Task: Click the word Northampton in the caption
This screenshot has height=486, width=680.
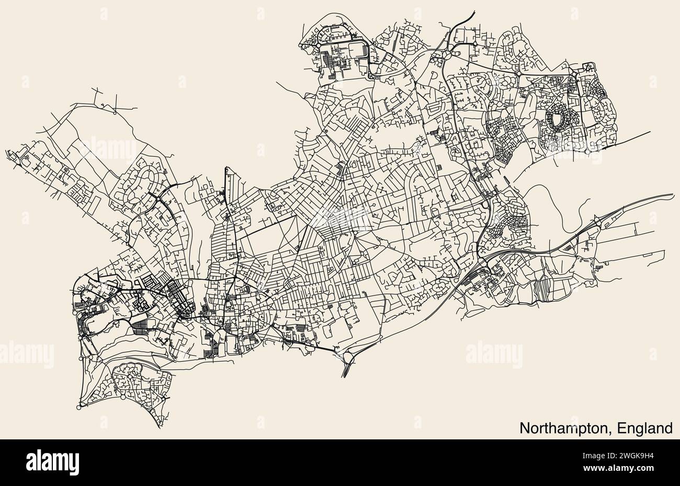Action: (565, 428)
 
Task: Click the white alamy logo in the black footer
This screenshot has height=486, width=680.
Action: (52, 462)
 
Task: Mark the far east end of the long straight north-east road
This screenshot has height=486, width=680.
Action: (650, 132)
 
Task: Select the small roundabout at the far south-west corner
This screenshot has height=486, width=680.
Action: (79, 407)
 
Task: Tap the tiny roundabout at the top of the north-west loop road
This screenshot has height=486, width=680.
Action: (115, 112)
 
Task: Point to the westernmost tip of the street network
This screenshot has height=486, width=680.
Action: (6, 152)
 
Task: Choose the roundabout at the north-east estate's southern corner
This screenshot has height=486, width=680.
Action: (588, 151)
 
